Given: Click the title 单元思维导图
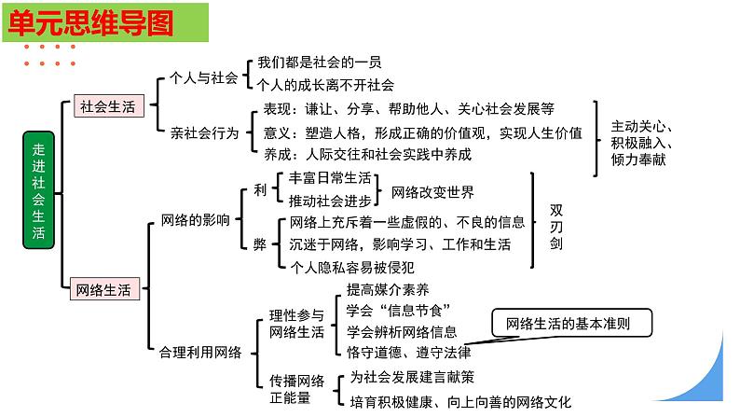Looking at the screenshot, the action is (x=90, y=22).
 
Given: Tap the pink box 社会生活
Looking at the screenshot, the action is (x=107, y=106).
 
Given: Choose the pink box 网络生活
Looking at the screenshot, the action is (x=105, y=288).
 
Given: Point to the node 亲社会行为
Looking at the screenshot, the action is (x=205, y=132).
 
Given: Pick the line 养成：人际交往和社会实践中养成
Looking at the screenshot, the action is (x=368, y=154).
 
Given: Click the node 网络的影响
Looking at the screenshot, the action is (x=195, y=221).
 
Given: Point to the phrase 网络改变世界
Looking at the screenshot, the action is (x=432, y=192).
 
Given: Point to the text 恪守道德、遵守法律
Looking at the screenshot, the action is (x=408, y=352).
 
